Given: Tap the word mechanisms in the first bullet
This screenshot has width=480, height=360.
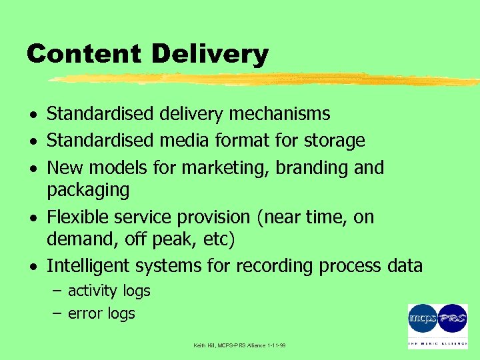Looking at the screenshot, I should click(279, 114).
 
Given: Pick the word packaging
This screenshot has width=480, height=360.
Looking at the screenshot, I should click(88, 191).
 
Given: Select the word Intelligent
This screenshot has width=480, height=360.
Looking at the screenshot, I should click(89, 266).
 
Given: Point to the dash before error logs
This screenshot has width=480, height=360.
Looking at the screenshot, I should click(56, 313).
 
